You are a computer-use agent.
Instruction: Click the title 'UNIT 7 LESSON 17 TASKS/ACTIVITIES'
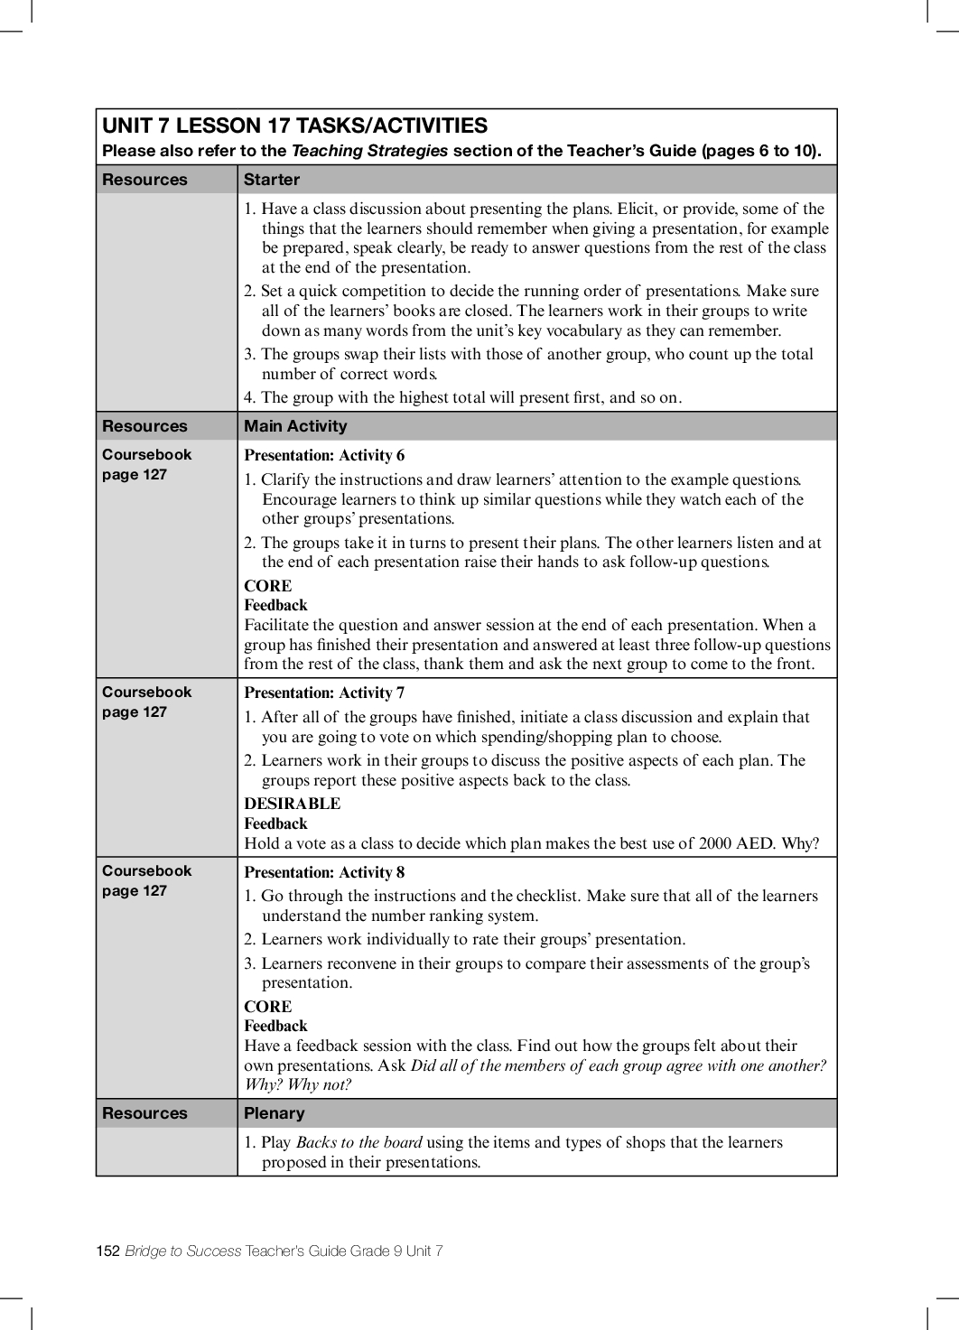[294, 126]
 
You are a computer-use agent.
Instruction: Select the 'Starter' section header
[271, 180]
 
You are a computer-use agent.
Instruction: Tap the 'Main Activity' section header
[295, 426]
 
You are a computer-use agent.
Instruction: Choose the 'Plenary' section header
[275, 1113]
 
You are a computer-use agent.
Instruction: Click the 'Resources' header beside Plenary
[144, 1113]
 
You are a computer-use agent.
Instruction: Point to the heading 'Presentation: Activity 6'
[324, 455]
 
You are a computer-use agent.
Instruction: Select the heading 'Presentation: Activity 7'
[324, 693]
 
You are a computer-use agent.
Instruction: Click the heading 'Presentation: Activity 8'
[324, 872]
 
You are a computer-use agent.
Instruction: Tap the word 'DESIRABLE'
[292, 804]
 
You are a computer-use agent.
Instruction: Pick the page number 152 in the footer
[107, 1251]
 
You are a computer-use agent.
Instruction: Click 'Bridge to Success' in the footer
[183, 1251]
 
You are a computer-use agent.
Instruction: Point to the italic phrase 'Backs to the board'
[358, 1142]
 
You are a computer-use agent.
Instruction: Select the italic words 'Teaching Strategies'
[369, 151]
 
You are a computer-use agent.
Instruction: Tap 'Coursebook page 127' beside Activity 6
[146, 464]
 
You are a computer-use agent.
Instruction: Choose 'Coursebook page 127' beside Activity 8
[146, 880]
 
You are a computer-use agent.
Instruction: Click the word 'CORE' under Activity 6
[267, 586]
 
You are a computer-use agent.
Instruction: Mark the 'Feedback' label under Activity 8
[275, 1026]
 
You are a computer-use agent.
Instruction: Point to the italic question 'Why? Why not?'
[297, 1084]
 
